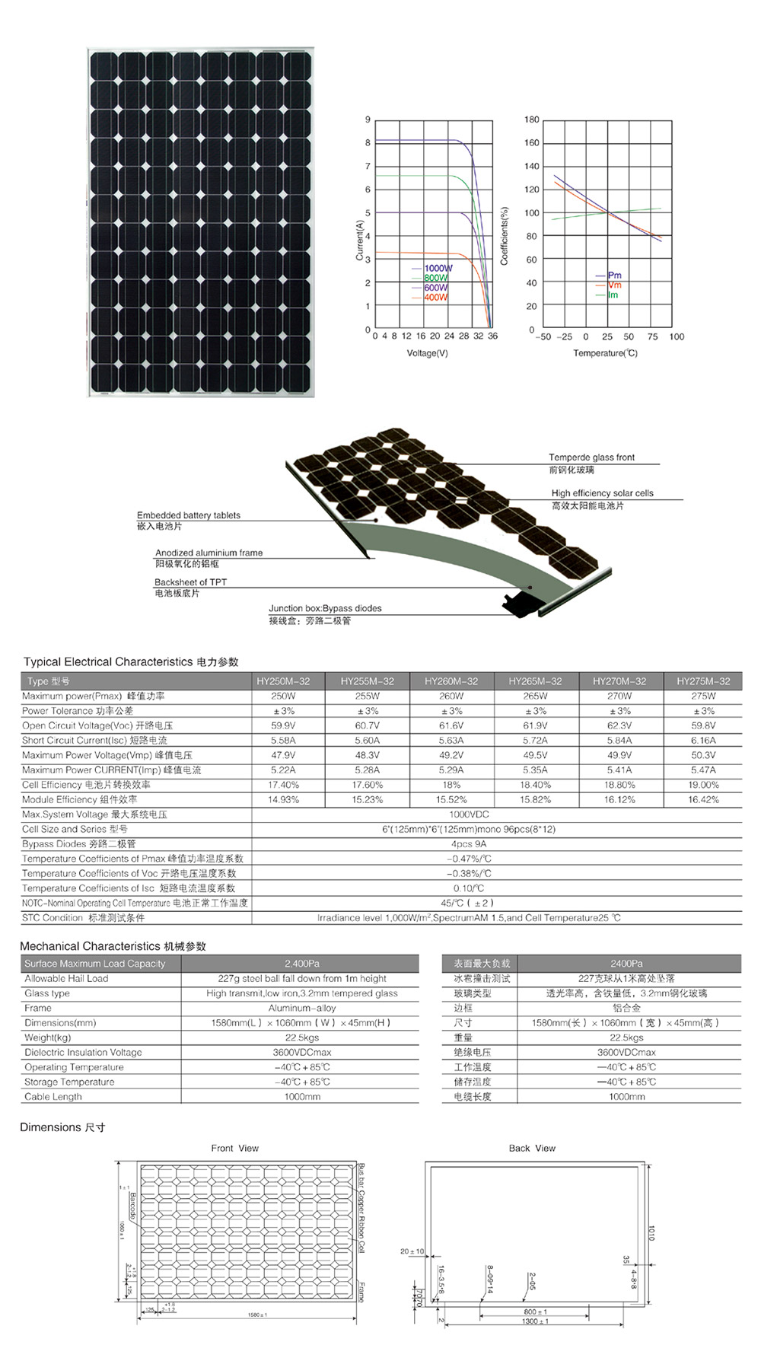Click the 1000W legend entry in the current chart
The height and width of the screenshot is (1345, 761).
[x=438, y=268]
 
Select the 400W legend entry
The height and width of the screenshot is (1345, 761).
[x=435, y=298]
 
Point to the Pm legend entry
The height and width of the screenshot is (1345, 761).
[x=614, y=275]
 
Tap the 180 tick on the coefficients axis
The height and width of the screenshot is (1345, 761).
[x=531, y=120]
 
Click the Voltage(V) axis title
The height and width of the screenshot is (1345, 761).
[x=427, y=353]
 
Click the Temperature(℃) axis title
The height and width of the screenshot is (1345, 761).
[x=605, y=353]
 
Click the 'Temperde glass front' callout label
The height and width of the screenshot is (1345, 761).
[x=591, y=457]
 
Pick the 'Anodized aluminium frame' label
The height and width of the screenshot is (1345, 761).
[x=209, y=553]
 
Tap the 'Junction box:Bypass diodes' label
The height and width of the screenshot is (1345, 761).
[x=325, y=608]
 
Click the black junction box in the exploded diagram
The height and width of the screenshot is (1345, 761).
[x=519, y=601]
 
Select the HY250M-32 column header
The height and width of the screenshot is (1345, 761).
[x=283, y=681]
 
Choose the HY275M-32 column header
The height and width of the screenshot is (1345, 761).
[x=703, y=681]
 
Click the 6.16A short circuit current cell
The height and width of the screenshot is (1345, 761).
[x=703, y=740]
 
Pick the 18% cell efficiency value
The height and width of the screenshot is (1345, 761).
[x=451, y=785]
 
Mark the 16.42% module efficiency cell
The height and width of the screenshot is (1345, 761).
[x=703, y=799]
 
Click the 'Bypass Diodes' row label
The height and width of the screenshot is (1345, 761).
[x=78, y=843]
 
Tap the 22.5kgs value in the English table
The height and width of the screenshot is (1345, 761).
[x=302, y=1037]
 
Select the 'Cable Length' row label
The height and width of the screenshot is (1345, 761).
[x=53, y=1097]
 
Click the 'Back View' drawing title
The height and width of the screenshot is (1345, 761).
[x=532, y=1148]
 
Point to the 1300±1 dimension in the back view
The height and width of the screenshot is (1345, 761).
[x=535, y=1321]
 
